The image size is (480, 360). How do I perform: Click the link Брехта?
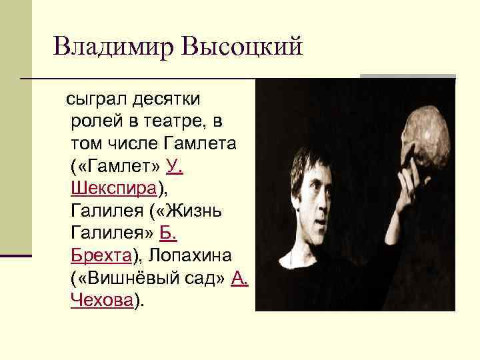(x=101, y=256)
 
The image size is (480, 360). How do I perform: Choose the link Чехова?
(x=101, y=301)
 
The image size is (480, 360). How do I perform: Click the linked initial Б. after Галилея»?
(x=169, y=233)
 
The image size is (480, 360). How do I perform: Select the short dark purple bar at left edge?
(x=15, y=255)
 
